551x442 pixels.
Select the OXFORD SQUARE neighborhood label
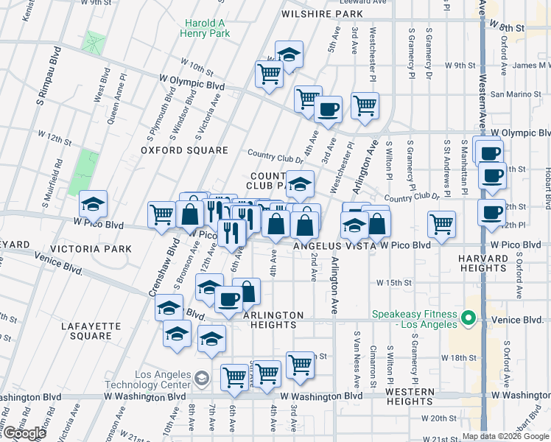[x=185, y=150]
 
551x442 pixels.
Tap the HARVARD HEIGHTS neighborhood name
[x=483, y=264]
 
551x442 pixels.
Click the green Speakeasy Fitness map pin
[x=468, y=319]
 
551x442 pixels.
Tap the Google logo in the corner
[x=24, y=433]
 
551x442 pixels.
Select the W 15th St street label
[x=392, y=282]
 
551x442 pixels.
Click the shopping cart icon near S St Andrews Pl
[x=441, y=222]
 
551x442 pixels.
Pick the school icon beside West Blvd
[x=94, y=203]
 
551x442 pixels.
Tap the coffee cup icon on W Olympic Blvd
[x=328, y=110]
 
